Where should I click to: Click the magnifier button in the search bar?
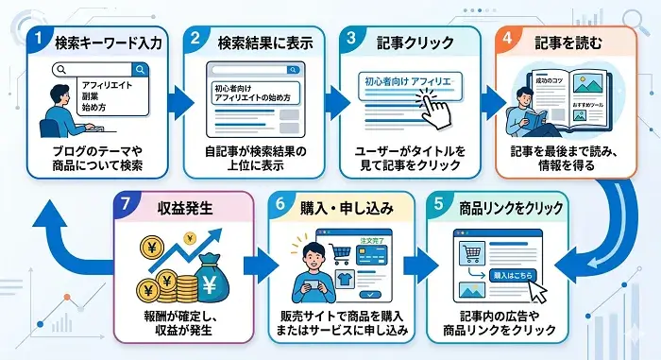[140, 69]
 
